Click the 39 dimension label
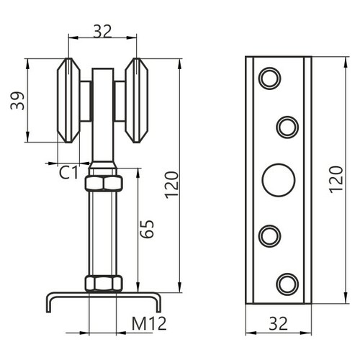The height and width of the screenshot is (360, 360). [17, 101]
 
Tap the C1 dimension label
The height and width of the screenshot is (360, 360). [68, 173]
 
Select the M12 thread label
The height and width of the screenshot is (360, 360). [149, 323]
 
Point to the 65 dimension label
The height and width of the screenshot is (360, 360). [147, 229]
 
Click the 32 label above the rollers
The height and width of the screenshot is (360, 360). [102, 32]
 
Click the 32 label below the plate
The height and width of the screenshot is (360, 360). [279, 323]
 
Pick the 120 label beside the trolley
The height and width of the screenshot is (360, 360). [172, 185]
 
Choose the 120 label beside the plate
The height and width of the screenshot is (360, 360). [336, 179]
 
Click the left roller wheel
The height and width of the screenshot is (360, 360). [68, 100]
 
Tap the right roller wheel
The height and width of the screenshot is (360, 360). [137, 100]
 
